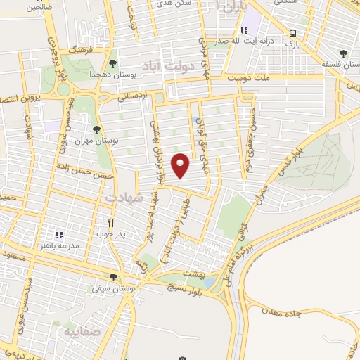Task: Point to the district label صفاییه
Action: tap(82, 330)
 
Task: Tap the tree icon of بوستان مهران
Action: tap(96, 129)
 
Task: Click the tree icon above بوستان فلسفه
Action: tap(342, 53)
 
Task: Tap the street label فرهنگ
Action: tap(77, 53)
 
